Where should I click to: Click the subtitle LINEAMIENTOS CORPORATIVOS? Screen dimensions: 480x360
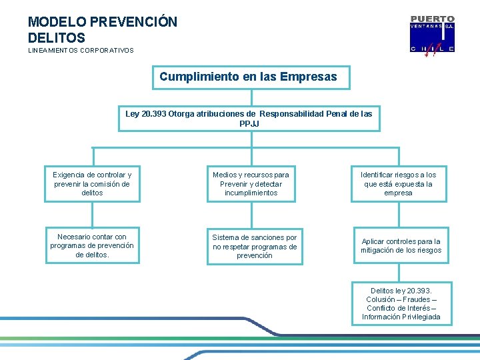click(81, 51)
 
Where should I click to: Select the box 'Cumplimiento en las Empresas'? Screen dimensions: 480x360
click(248, 77)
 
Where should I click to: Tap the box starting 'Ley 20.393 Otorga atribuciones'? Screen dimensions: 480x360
click(249, 119)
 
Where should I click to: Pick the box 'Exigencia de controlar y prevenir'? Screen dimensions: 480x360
click(92, 183)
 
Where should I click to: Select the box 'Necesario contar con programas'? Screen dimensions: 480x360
click(92, 245)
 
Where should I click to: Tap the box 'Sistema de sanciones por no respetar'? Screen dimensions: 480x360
click(254, 246)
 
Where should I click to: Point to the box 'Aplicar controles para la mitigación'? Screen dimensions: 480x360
click(401, 246)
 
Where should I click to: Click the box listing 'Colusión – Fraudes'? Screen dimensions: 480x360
click(401, 303)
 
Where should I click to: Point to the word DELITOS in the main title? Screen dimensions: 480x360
click(57, 38)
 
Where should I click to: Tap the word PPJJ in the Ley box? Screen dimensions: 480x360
click(249, 124)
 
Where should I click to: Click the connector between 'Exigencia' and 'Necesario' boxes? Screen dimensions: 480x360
click(93, 214)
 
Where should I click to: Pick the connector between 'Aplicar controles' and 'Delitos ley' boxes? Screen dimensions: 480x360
click(399, 272)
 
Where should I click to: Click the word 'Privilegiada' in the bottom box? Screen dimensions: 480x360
click(421, 317)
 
